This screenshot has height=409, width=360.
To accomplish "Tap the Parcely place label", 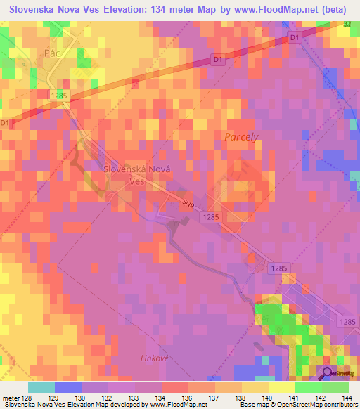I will (x=242, y=136).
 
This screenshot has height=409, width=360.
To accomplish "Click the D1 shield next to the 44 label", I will (x=294, y=37).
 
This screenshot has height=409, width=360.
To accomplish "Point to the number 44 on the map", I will (x=347, y=25).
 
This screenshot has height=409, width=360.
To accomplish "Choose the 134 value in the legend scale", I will (x=154, y=397).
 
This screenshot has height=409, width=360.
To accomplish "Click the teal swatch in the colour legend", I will (x=41, y=387).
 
